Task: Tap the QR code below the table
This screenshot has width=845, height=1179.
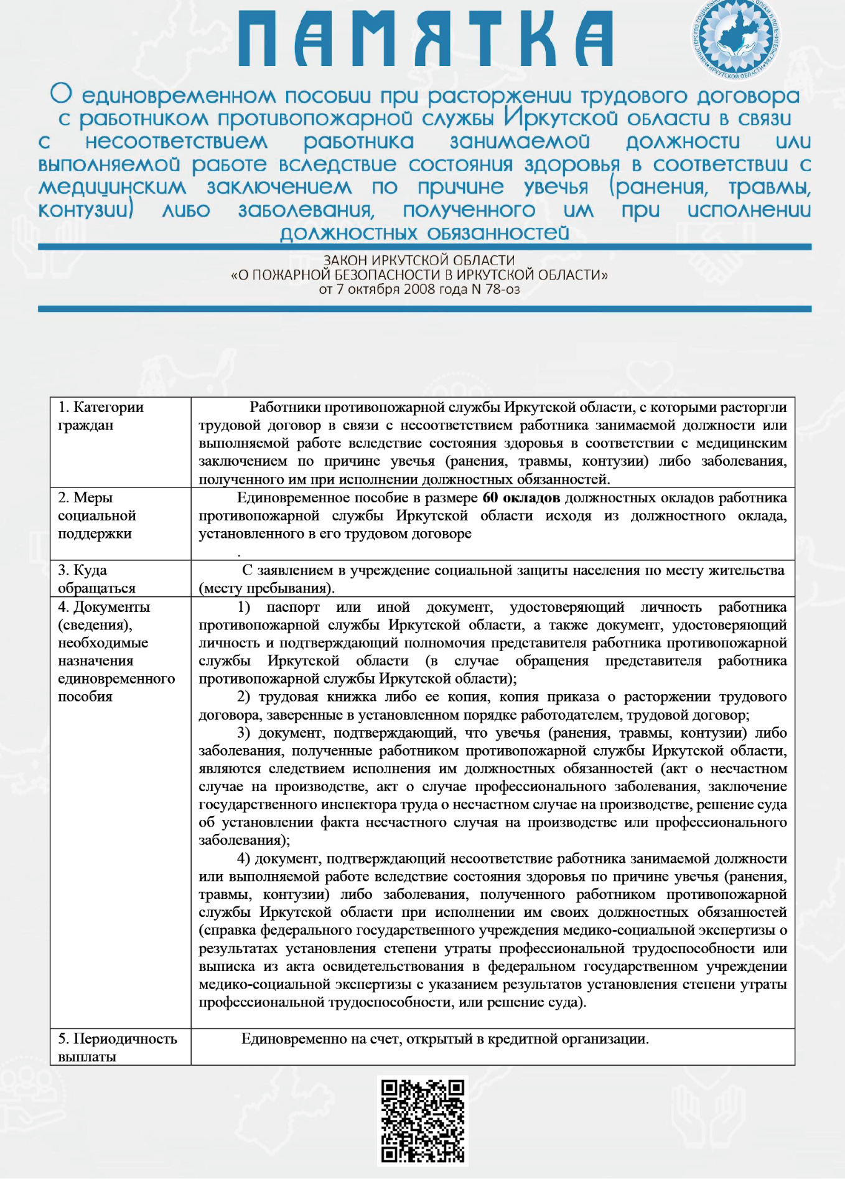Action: pyautogui.click(x=422, y=1120)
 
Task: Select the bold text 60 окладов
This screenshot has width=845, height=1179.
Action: pyautogui.click(x=521, y=498)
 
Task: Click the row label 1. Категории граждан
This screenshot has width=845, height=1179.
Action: pyautogui.click(x=101, y=416)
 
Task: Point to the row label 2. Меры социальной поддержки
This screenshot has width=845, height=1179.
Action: pyautogui.click(x=97, y=515)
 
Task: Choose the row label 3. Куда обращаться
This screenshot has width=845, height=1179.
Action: pyautogui.click(x=97, y=579)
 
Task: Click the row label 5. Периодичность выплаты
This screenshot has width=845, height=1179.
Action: pyautogui.click(x=117, y=1047)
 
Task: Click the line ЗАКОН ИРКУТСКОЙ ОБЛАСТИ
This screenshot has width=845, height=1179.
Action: pyautogui.click(x=419, y=260)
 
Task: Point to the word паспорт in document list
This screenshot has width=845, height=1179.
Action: pyautogui.click(x=292, y=607)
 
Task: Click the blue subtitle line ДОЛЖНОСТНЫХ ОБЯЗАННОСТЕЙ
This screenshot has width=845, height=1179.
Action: pyautogui.click(x=424, y=233)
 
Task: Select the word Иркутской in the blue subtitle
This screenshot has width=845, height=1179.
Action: pyautogui.click(x=562, y=118)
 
